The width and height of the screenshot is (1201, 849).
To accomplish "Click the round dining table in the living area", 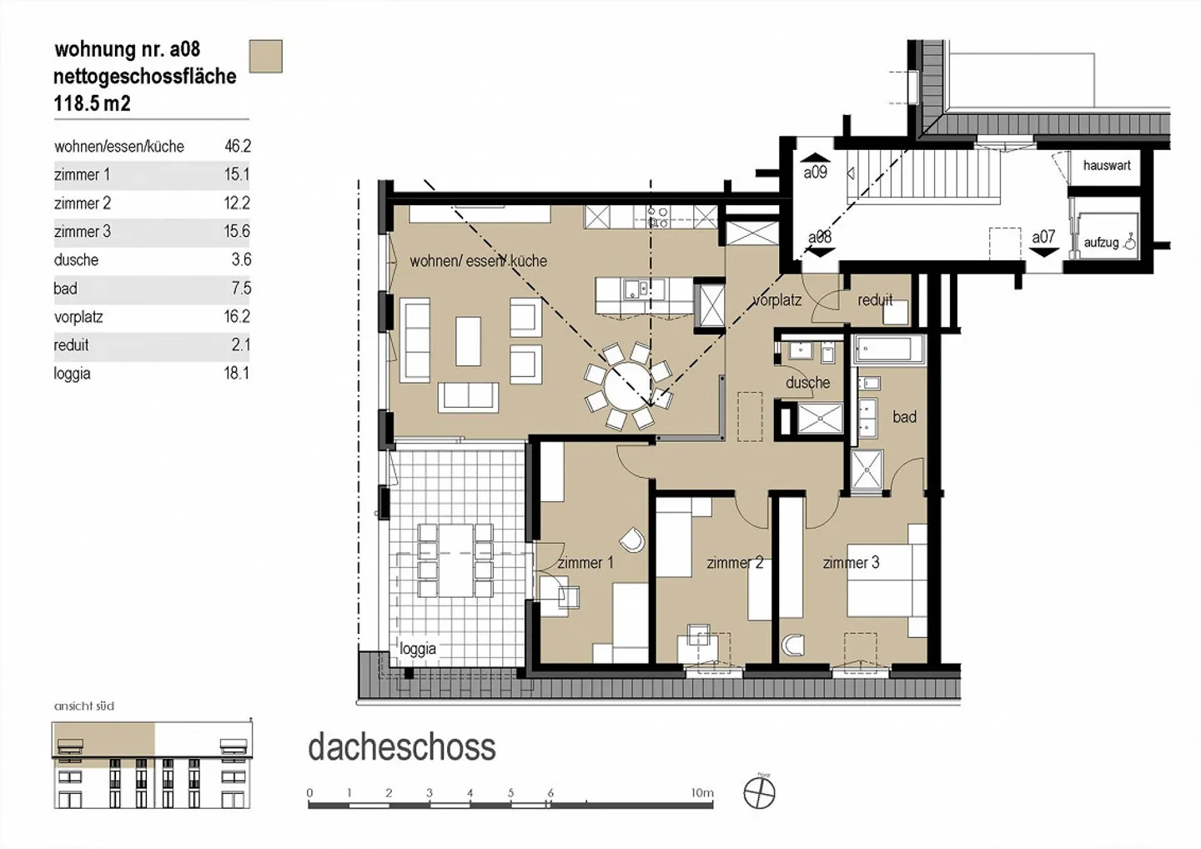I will tap(627, 384).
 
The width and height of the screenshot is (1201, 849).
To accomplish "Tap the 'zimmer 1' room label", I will tap(585, 563).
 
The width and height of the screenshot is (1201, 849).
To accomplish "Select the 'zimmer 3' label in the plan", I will tap(851, 563).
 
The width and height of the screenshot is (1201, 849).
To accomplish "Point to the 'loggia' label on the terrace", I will tap(418, 649).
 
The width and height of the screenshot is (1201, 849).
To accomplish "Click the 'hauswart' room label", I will tap(1107, 165).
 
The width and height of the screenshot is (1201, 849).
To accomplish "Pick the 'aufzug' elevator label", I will tap(1101, 243).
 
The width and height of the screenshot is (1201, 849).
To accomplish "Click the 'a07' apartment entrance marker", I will tap(1043, 238).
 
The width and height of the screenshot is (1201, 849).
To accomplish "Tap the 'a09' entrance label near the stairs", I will tap(815, 173).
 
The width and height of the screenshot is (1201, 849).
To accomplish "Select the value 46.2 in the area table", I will tap(238, 146).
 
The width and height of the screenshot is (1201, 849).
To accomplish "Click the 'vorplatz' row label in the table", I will tap(78, 317).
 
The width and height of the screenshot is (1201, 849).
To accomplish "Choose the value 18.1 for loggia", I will tap(237, 374).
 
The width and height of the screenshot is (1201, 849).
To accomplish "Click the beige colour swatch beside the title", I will tap(266, 56).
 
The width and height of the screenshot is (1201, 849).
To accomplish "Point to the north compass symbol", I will tap(759, 793).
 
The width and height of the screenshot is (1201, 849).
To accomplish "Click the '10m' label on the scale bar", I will tap(702, 793).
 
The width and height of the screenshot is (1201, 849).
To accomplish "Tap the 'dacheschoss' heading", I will tap(402, 747).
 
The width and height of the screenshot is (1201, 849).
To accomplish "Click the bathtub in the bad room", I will tap(888, 349).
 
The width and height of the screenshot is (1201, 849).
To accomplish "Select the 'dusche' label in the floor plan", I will tap(807, 383).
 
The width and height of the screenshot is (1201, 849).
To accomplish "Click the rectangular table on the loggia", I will tap(455, 560).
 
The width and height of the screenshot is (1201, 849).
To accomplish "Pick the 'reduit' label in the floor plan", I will tap(875, 300).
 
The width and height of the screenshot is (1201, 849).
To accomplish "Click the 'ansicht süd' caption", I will tap(84, 706).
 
